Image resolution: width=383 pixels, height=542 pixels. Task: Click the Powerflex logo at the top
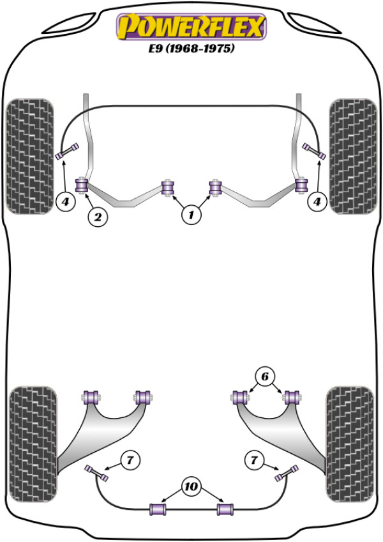click(191, 27)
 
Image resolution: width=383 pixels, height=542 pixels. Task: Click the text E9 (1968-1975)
click(191, 48)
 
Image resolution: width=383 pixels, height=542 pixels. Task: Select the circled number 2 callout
click(98, 217)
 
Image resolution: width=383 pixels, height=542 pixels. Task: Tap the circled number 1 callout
click(191, 215)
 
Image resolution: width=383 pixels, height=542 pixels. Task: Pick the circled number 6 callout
click(264, 376)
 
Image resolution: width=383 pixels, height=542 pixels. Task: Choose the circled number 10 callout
click(191, 486)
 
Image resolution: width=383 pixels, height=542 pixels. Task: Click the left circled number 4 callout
click(65, 201)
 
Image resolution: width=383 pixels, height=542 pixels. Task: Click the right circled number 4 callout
click(317, 201)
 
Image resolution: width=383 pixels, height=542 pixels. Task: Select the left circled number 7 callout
click(130, 460)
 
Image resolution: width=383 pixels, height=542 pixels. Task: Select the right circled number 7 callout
click(254, 460)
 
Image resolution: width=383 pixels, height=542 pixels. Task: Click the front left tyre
click(30, 156)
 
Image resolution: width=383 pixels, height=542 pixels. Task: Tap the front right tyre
click(353, 156)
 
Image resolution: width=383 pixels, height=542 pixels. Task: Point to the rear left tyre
click(33, 444)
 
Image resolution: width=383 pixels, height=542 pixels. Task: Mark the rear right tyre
click(350, 444)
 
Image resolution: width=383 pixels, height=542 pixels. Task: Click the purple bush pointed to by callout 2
click(82, 185)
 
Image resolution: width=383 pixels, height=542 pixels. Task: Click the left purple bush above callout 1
click(168, 187)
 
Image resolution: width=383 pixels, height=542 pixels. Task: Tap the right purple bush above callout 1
click(215, 187)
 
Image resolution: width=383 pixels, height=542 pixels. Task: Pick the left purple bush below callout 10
click(158, 509)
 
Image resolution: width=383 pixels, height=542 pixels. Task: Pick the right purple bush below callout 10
click(225, 509)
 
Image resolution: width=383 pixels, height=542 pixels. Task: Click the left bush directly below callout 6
click(241, 397)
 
